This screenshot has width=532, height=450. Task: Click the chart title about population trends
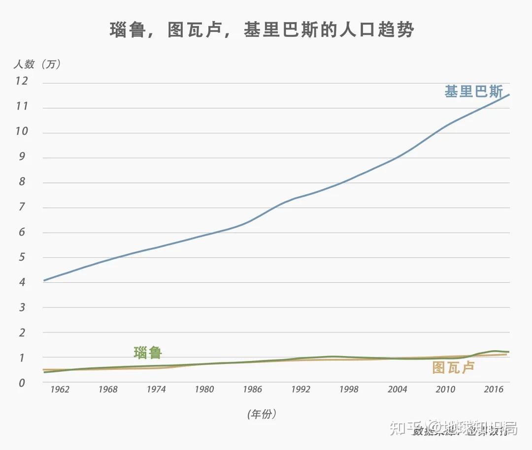[x=261, y=30]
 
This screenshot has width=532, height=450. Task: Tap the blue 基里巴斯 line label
[x=473, y=92]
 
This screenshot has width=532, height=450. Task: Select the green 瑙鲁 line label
[x=148, y=352]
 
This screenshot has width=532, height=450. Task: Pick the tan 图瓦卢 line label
[x=453, y=367]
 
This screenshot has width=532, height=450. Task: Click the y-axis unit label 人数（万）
[x=37, y=64]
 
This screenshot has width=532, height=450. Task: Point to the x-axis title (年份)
[x=262, y=414]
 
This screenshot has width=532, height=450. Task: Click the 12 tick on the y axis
[x=22, y=82]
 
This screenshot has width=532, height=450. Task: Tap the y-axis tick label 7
[x=22, y=207]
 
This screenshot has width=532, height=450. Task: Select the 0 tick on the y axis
[x=22, y=383]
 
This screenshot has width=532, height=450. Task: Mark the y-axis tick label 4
[x=22, y=282]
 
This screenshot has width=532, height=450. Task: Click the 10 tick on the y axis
[x=22, y=132]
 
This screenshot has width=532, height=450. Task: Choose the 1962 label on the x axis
[x=60, y=389]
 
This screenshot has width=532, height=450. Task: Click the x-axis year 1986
[x=252, y=389]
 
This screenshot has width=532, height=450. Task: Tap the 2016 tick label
[x=493, y=389]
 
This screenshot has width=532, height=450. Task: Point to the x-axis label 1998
[x=349, y=389]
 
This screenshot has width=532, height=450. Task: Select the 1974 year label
[x=156, y=389]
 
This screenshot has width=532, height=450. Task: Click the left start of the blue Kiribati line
[x=44, y=280]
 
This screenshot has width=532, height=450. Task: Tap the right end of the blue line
[x=508, y=95]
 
